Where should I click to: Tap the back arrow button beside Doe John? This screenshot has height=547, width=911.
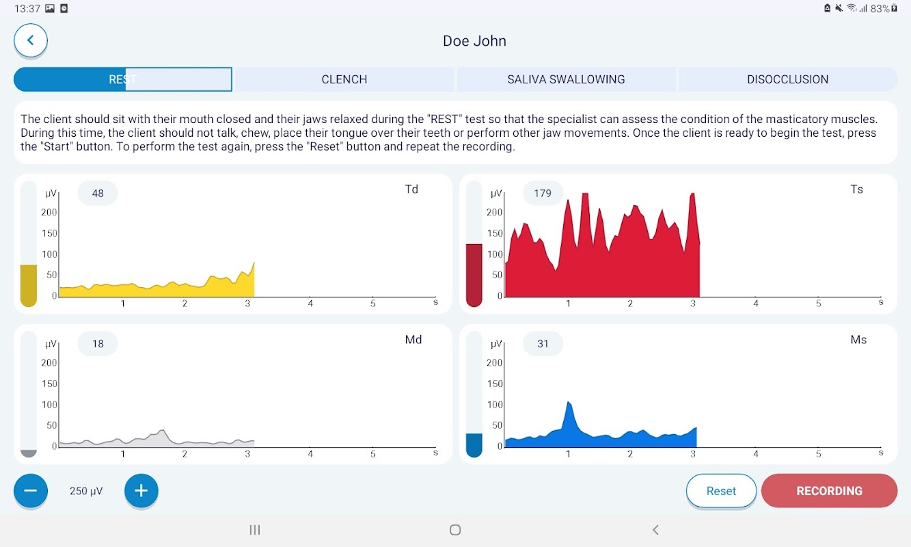click(31, 40)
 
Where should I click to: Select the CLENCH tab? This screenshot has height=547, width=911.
click(344, 79)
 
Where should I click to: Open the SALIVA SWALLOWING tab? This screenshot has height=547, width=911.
click(566, 79)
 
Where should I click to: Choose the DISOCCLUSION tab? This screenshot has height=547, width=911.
click(787, 79)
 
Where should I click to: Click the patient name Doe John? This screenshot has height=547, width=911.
click(474, 41)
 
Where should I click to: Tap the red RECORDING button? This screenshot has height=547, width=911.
click(829, 491)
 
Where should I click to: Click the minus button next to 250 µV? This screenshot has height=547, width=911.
click(31, 490)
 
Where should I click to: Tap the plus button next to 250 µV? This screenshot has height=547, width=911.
click(141, 490)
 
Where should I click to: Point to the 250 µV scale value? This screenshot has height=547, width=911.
click(86, 491)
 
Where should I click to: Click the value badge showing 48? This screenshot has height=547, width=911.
click(98, 194)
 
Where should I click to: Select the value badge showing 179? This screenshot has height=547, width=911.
click(543, 194)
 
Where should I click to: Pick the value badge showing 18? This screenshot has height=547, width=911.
click(98, 344)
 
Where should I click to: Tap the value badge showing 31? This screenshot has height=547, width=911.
click(543, 344)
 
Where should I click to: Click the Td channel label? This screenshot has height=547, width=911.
click(411, 189)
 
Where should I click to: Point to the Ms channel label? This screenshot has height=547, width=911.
click(858, 340)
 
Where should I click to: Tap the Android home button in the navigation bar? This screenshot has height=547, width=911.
click(455, 530)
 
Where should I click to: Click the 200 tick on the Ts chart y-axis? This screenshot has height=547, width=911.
click(494, 213)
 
